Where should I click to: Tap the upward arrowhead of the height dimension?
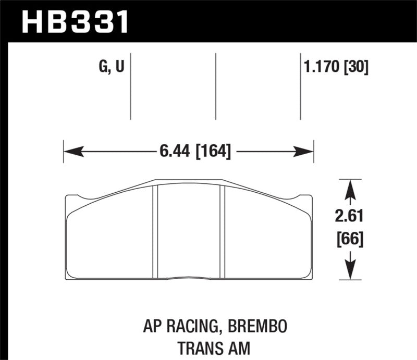[x=350, y=188]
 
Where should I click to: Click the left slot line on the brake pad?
[x=155, y=232]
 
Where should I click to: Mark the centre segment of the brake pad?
[x=188, y=232]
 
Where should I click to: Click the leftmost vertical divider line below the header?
[x=130, y=86]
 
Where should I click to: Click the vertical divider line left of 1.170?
[x=301, y=86]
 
